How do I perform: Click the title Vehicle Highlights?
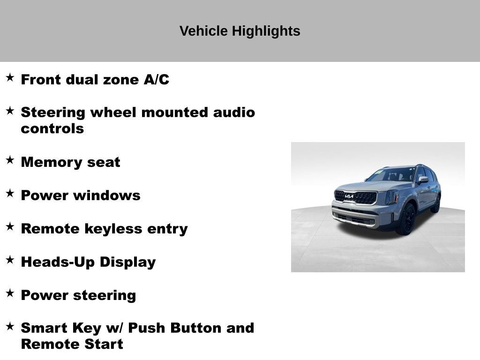240,31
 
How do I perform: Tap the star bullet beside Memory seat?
10,160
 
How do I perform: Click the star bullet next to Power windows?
10,193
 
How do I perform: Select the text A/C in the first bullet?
156,80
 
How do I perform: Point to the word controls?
52,128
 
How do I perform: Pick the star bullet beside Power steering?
10,293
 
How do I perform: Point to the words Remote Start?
72,344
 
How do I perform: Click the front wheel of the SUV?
406,219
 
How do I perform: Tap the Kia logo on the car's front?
349,196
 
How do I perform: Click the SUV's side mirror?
423,179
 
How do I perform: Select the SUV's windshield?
391,175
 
